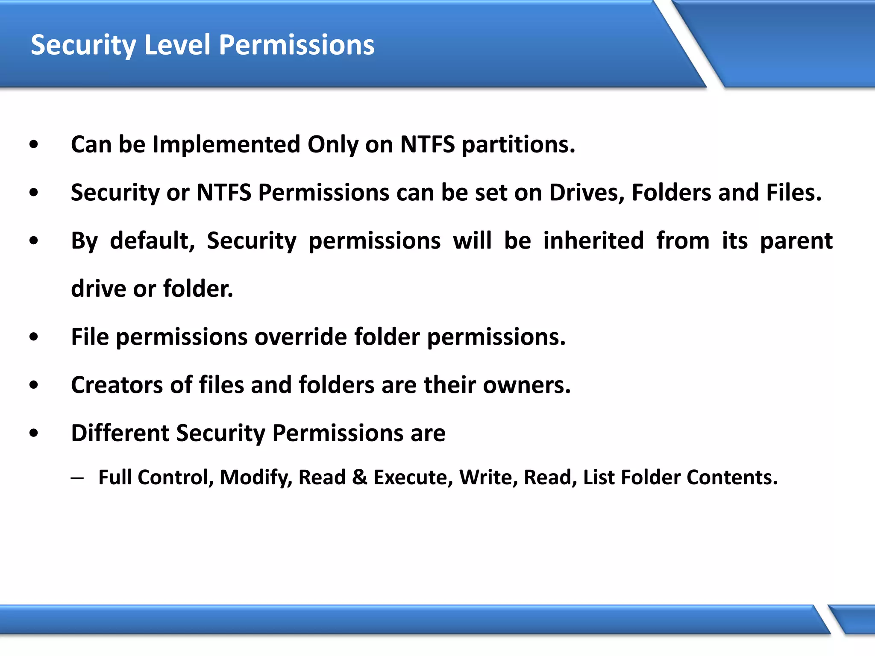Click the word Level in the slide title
[x=177, y=45]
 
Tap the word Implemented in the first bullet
[x=226, y=145]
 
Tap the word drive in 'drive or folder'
[x=98, y=289]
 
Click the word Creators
[x=117, y=385]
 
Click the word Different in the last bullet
[x=120, y=433]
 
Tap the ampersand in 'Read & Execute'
[x=359, y=477]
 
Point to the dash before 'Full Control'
[x=77, y=478]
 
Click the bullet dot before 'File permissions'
[x=34, y=337]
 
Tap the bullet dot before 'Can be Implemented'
[x=34, y=145]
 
